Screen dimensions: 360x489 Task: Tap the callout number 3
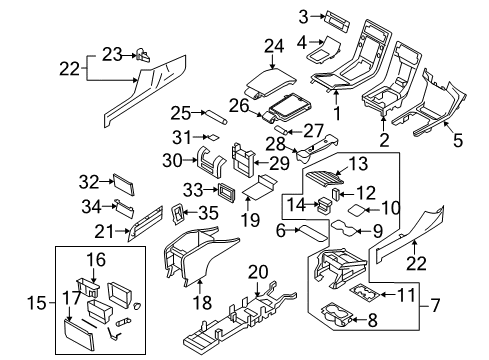(304, 15)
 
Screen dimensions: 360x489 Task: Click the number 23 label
(112, 53)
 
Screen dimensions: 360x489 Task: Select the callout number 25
(181, 111)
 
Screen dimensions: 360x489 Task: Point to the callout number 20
(259, 271)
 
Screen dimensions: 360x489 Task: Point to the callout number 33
(193, 188)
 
